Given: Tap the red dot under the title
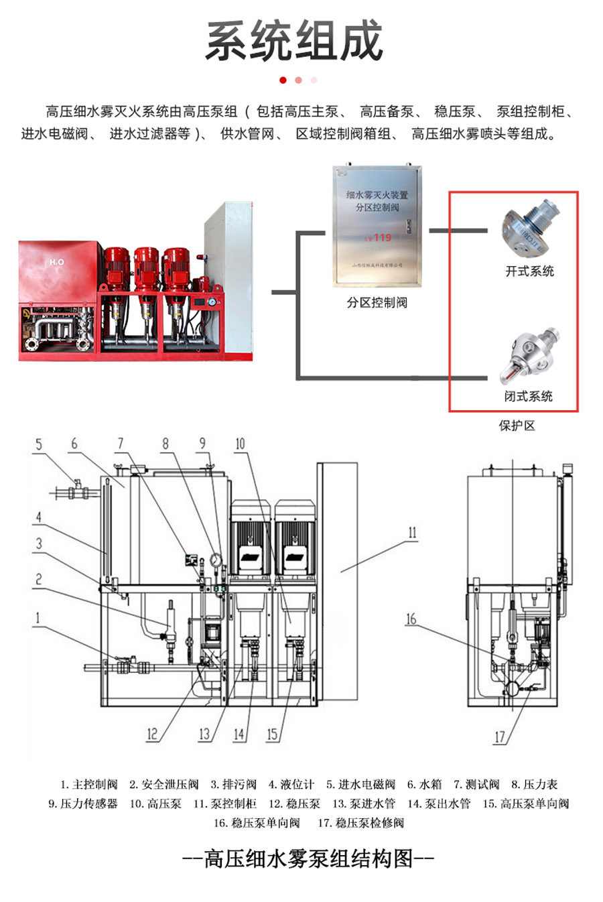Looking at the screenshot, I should coord(283,80).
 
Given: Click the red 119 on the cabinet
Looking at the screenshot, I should coord(382,237).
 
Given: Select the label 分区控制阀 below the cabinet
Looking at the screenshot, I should coord(377,302).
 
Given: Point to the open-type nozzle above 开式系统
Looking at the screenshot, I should coord(529,229).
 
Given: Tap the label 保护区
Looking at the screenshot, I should coord(517,426).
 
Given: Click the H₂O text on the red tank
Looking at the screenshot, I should coord(57,261).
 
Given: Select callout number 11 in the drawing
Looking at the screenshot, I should coord(412,533).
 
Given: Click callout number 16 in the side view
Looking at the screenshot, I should coord(411,619).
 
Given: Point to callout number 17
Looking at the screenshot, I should coord(500,737).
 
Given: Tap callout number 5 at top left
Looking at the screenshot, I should coord(39,444).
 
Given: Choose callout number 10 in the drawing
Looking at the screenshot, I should coord(240,444).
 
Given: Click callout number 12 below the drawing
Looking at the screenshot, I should coord(152,734).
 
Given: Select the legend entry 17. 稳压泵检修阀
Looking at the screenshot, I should coord(361,823).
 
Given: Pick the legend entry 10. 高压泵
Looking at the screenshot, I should coord(155,803).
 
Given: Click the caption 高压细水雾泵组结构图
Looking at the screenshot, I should coord(308,858).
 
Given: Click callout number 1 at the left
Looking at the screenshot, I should coord(38,618).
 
